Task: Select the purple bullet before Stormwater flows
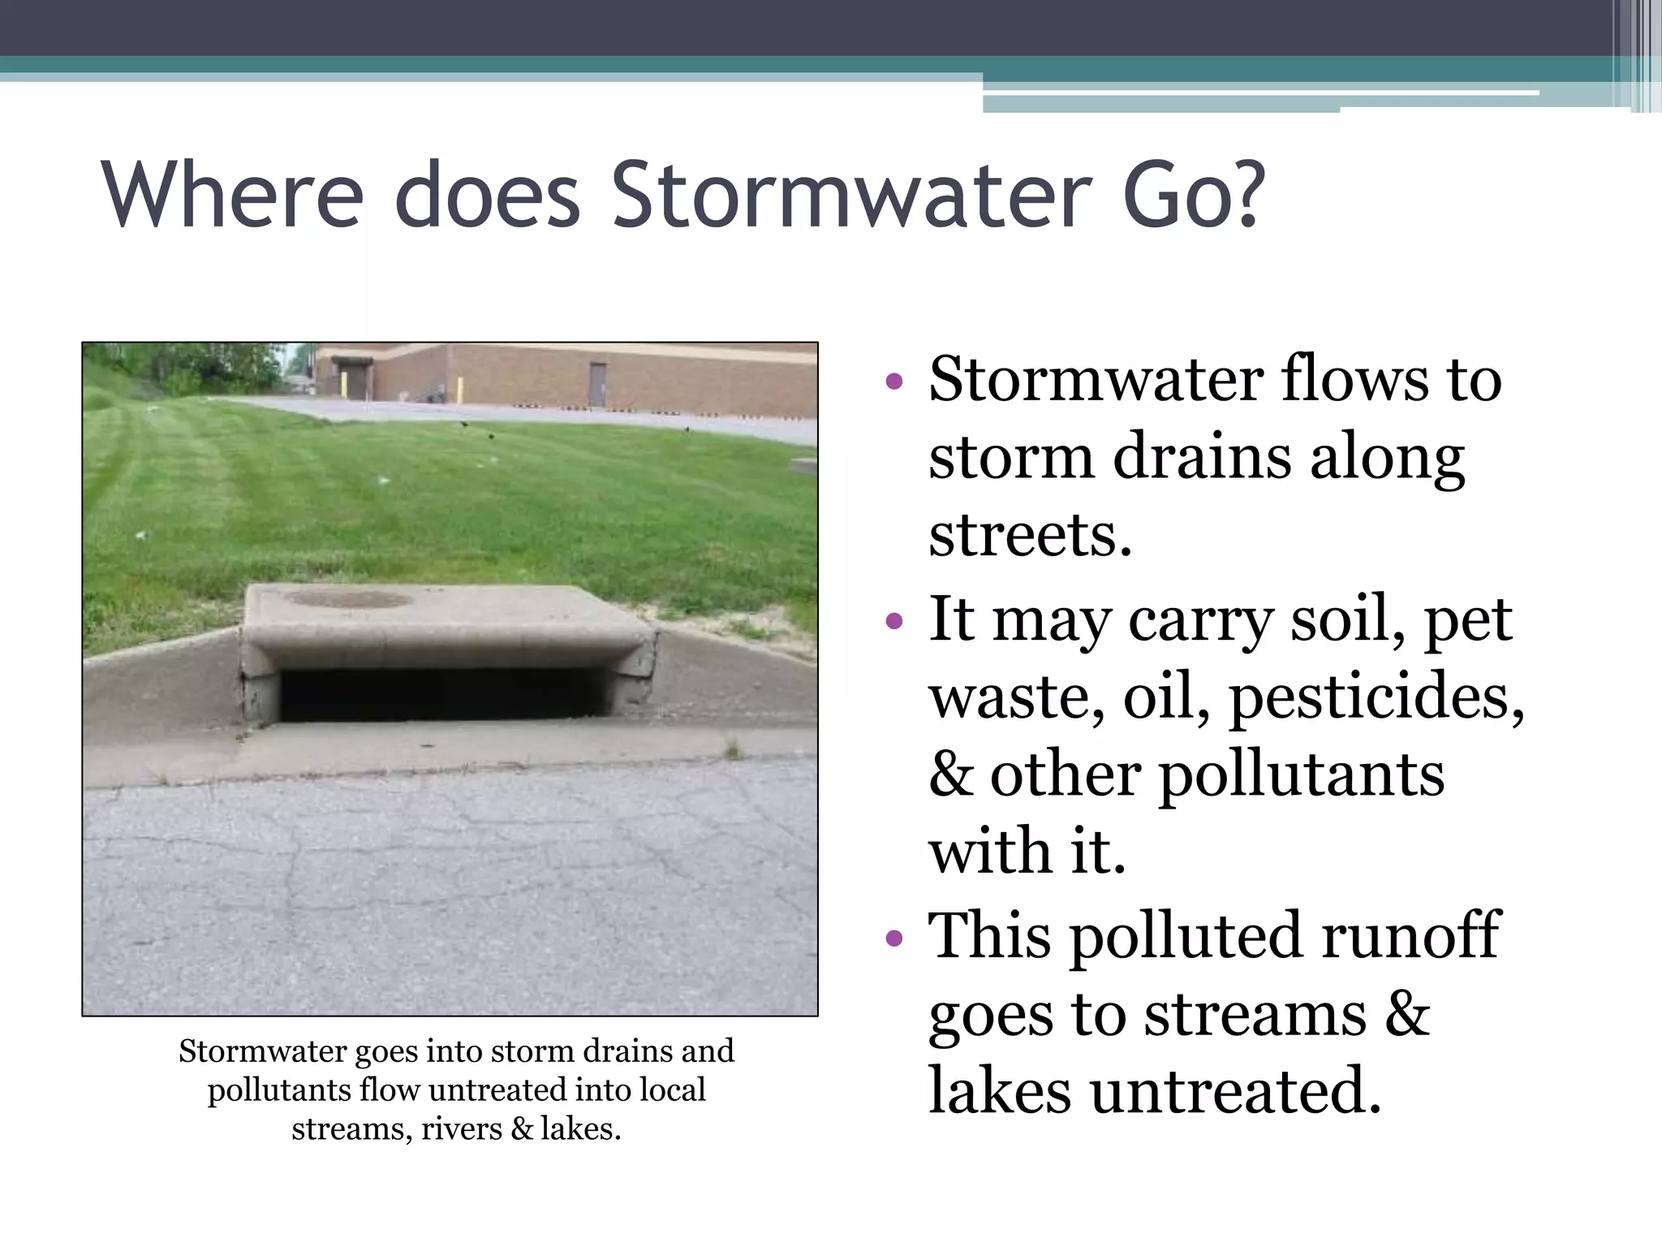[893, 381]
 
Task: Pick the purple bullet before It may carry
[893, 621]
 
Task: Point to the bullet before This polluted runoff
[893, 938]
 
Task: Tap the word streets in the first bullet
[1029, 536]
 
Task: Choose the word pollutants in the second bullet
[1301, 775]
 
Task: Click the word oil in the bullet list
[1165, 697]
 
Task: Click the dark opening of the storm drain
[442, 694]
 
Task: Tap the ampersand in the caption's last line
[522, 1129]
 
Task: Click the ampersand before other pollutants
[950, 775]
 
